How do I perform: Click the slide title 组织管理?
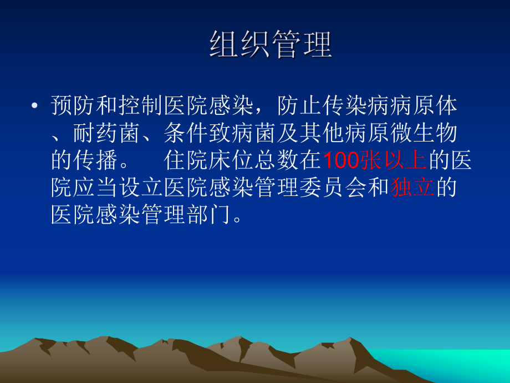coord(271,45)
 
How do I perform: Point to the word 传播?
coord(98,161)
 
